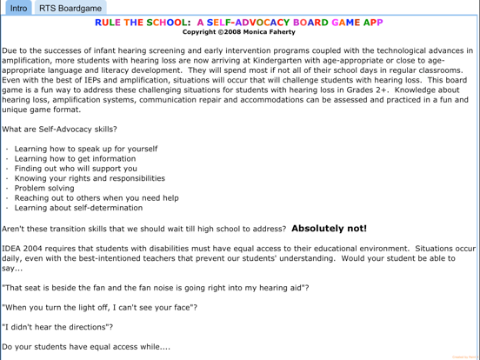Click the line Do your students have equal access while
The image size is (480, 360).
(x=86, y=348)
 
